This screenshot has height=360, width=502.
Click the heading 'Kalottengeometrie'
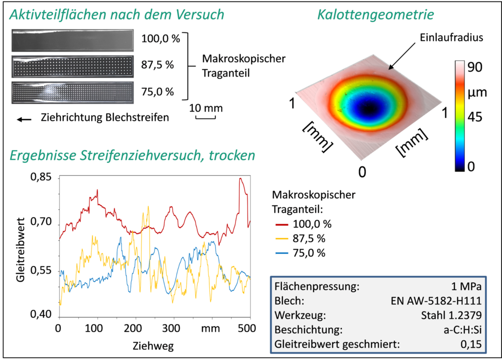tap(376, 15)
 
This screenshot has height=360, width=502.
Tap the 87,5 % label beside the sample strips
tap(157, 64)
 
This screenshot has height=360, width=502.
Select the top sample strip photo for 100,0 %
tap(73, 41)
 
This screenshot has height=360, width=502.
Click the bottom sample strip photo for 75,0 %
tap(73, 92)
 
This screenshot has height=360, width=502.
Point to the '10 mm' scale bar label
tap(202, 108)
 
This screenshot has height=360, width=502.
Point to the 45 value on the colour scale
tap(475, 117)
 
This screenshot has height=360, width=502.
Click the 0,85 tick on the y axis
tap(41, 178)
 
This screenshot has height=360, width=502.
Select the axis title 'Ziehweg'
tap(153, 346)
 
